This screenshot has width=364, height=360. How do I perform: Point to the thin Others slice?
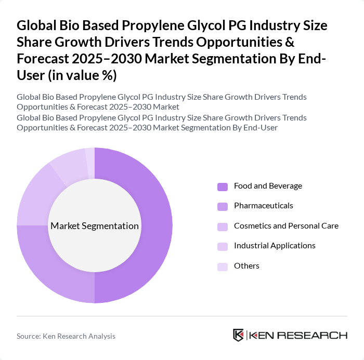(x=90, y=155)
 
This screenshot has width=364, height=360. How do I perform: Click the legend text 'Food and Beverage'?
(x=268, y=186)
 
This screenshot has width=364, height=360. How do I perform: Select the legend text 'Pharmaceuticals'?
(x=263, y=206)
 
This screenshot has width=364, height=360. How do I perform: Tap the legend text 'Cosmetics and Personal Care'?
(x=286, y=226)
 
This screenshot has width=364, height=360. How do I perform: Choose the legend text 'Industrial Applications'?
(x=275, y=246)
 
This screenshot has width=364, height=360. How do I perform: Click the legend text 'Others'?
(x=246, y=266)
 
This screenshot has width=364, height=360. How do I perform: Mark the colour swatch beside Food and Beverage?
(x=223, y=186)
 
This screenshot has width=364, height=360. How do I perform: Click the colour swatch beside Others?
(x=223, y=266)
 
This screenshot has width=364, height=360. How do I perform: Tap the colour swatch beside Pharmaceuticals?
(x=223, y=206)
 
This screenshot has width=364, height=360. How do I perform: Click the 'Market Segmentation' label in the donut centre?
(x=95, y=226)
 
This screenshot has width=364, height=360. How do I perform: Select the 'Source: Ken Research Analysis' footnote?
(x=66, y=336)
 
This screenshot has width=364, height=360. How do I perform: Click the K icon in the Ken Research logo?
(x=239, y=335)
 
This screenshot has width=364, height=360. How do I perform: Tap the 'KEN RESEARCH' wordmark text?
(x=298, y=336)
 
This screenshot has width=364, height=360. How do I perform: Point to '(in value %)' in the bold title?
(x=83, y=75)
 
